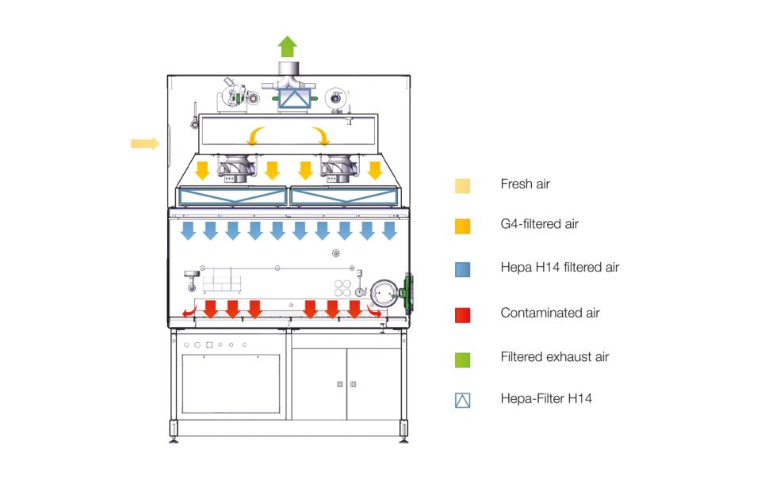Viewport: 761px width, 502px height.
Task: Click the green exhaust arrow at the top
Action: click(x=288, y=45)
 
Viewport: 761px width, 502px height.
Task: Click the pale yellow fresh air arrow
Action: click(x=144, y=143)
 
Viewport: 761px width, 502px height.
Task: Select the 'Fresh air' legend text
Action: click(x=525, y=184)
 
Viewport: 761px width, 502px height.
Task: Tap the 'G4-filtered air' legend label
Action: click(x=539, y=224)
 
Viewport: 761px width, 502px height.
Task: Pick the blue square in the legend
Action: click(x=463, y=269)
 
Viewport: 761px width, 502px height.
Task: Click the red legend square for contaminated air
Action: click(x=463, y=314)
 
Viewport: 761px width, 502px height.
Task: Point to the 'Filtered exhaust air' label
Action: click(x=554, y=357)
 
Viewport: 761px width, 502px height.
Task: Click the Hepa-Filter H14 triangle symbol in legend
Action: click(x=463, y=400)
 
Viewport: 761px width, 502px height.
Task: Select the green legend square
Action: click(x=463, y=359)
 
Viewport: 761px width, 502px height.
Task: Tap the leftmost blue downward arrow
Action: click(x=189, y=230)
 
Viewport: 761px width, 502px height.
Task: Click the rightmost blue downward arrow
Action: click(x=389, y=230)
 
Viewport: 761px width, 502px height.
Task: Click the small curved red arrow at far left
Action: click(x=188, y=311)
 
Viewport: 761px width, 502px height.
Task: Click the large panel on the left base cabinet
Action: click(x=231, y=383)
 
